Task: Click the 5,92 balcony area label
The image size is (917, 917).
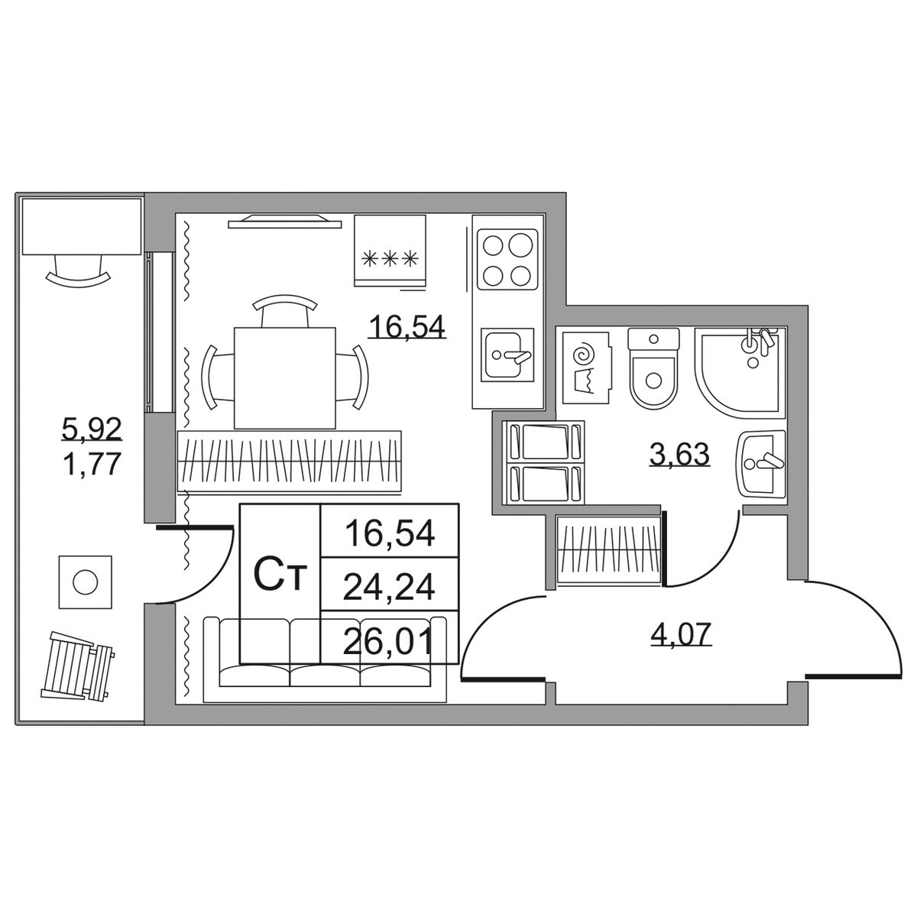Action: (92, 429)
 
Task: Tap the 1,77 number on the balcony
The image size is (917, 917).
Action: (92, 465)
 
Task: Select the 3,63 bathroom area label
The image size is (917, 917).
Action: (680, 455)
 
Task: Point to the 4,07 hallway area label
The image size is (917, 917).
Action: (681, 633)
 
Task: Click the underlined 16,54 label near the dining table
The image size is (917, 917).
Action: (407, 327)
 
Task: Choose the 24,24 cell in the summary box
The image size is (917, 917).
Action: (389, 587)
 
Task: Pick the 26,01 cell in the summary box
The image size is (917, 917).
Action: (389, 642)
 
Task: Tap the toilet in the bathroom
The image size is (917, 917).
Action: (653, 368)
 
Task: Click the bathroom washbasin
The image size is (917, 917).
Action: (761, 465)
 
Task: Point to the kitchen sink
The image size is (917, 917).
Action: (507, 355)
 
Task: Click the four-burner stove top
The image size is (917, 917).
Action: (507, 259)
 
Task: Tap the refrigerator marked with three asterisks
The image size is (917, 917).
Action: (390, 251)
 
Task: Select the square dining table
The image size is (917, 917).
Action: (284, 377)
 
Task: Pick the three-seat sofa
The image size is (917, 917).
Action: (325, 659)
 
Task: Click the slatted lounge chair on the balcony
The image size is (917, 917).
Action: (77, 666)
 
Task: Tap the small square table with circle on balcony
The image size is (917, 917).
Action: (85, 582)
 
